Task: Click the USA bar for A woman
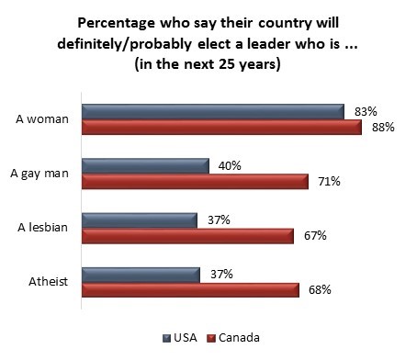pos(211,111)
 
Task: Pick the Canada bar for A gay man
pos(195,181)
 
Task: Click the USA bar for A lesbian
pos(140,220)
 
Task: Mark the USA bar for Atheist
pos(140,275)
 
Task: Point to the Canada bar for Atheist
pos(190,289)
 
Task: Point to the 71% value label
pos(328,182)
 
